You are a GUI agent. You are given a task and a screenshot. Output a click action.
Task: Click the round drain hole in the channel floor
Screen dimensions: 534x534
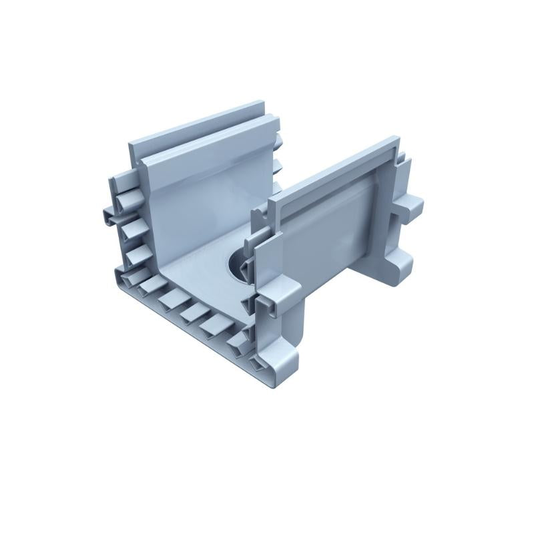pyautogui.click(x=235, y=264)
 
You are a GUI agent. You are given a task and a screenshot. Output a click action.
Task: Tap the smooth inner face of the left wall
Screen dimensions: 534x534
pyautogui.click(x=200, y=200)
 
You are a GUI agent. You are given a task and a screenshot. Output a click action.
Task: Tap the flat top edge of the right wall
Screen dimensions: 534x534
pyautogui.click(x=334, y=167)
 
